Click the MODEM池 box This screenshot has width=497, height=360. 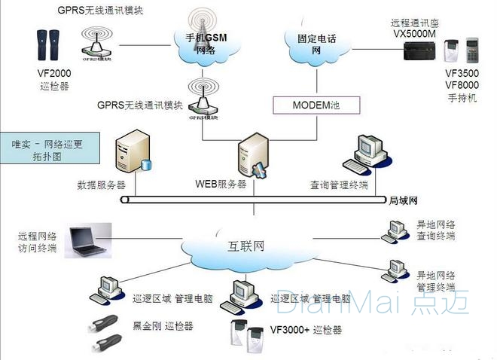[316, 105]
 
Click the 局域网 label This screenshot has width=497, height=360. [402, 201]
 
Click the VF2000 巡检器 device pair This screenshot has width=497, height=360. [47, 46]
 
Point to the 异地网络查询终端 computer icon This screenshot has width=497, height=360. [395, 229]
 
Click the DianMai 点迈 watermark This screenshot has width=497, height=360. [372, 302]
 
